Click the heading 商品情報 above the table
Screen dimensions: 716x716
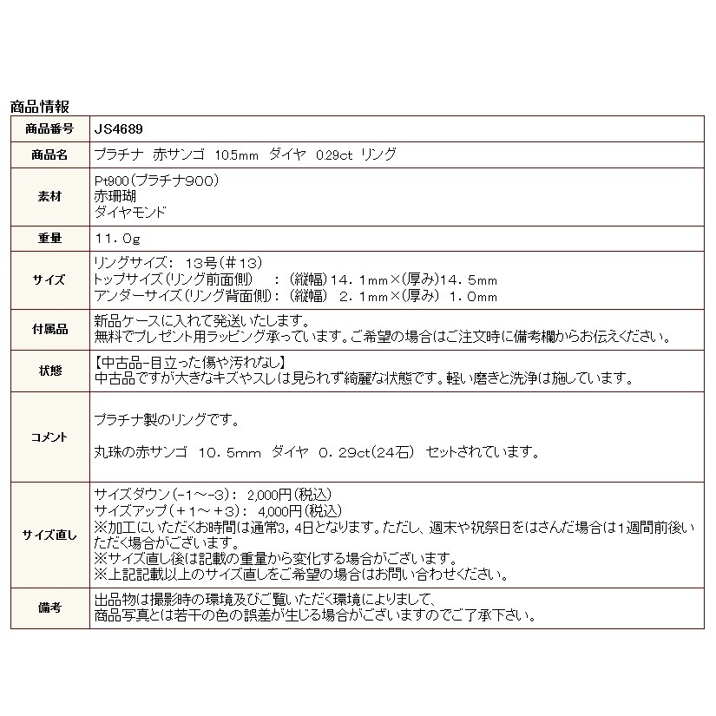click(x=39, y=107)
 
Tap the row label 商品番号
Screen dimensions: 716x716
click(x=49, y=129)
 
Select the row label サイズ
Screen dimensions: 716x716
click(x=49, y=279)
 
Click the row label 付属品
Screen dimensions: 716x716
click(x=49, y=329)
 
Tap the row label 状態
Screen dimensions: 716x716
click(x=49, y=371)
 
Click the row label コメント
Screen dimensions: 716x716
click(x=49, y=437)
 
